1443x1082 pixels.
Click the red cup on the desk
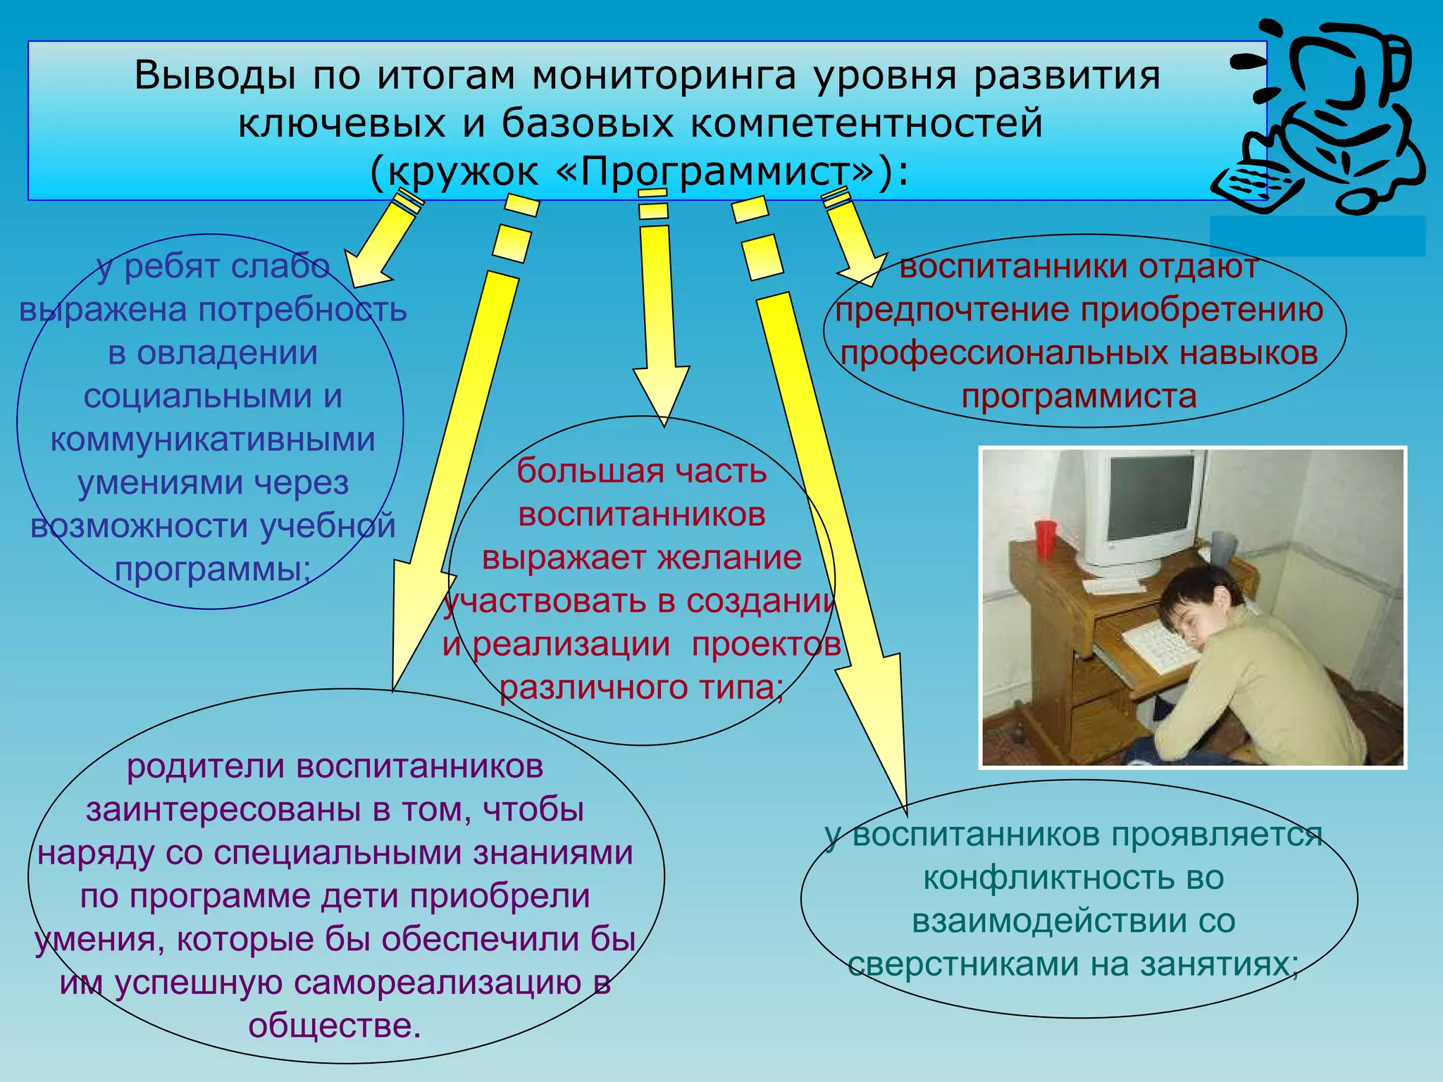(x=1046, y=538)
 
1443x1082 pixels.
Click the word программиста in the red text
(x=1079, y=397)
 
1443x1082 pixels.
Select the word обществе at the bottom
(x=335, y=1026)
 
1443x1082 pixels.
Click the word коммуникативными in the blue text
(x=213, y=440)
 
